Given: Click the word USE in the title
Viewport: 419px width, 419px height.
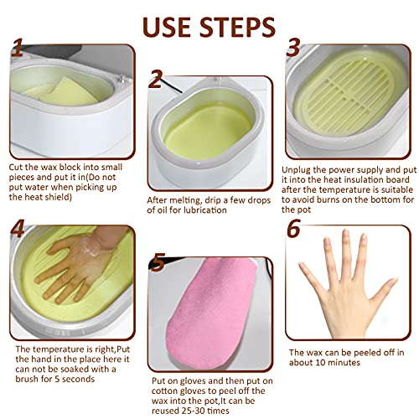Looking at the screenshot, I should click(x=168, y=25).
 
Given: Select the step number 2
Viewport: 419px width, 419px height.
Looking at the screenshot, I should click(x=155, y=80).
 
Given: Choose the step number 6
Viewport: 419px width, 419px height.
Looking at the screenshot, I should click(x=293, y=229).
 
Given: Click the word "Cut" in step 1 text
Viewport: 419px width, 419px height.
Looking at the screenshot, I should click(x=16, y=167).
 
